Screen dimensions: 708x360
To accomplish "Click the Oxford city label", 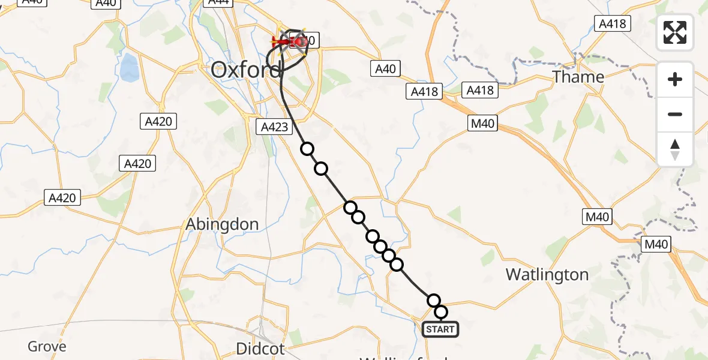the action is tap(246, 70).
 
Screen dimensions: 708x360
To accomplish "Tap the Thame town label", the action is tap(578, 77).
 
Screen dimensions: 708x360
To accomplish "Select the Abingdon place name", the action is tap(222, 224).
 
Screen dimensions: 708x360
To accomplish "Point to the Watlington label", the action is tap(547, 275).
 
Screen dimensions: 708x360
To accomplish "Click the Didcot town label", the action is tap(260, 348).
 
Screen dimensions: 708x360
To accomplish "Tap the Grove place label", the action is tap(47, 346).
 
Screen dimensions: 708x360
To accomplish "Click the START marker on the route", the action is tap(440, 329).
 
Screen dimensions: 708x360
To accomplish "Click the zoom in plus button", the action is tap(675, 79).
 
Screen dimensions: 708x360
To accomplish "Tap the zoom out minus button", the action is tap(675, 114).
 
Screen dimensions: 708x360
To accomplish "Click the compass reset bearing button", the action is tap(675, 149).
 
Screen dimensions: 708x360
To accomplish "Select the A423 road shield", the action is tap(275, 127).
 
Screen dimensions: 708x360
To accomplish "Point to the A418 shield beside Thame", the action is tap(612, 23).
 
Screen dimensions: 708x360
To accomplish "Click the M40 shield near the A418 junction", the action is tap(482, 123).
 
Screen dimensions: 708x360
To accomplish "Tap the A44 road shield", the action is tap(218, 2).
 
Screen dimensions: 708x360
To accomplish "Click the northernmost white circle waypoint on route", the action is tap(307, 149).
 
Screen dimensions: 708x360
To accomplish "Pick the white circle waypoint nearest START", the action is tap(441, 311).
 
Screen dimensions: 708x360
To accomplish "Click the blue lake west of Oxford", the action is tap(129, 68).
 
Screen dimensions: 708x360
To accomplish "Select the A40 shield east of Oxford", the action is tap(385, 68).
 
